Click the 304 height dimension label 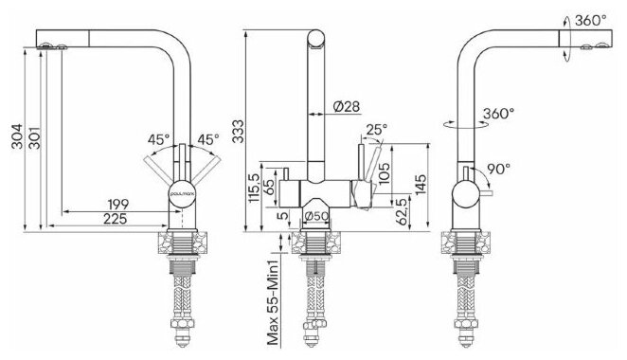coord(17,136)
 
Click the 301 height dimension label coord(34,138)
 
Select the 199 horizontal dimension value coord(118,204)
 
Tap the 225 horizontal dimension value coord(116,219)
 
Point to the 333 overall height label coord(238,131)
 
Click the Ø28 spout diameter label coord(347,106)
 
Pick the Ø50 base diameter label coord(316,216)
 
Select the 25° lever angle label coord(377,129)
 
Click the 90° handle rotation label coord(499,169)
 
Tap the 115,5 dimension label coord(255,188)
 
